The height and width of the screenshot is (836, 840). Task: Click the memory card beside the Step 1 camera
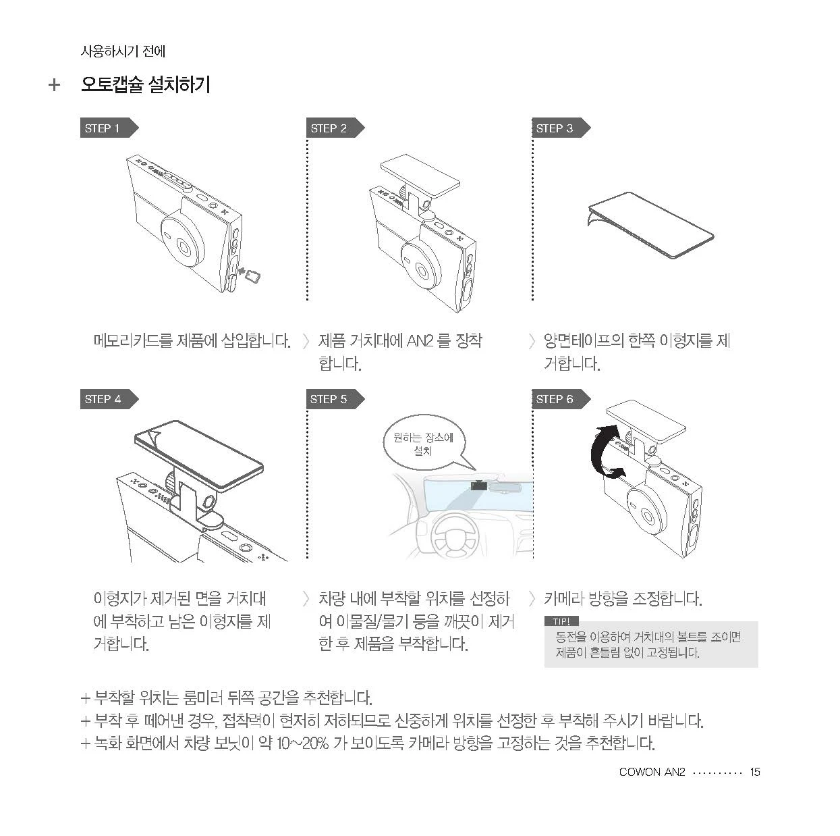point(252,276)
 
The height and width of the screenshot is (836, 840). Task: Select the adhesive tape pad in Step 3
point(650,224)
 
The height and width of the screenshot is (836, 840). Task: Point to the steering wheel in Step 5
point(454,535)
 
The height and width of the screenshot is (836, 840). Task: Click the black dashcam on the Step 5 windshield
point(478,485)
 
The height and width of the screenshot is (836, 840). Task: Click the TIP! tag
point(561,621)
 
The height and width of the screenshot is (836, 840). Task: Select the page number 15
point(754,772)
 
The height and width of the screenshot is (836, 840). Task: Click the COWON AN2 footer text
point(652,772)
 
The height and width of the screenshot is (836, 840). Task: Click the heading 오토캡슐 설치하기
point(146,84)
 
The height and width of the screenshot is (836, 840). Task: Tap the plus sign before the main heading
point(54,84)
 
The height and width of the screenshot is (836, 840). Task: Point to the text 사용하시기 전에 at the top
point(123,51)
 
